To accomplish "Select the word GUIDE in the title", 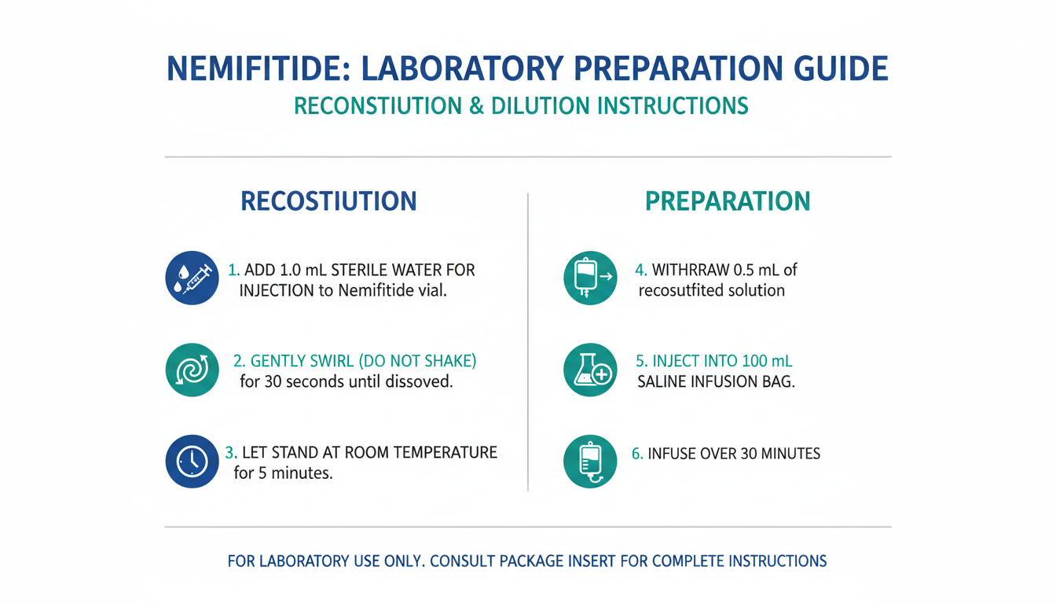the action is (x=841, y=68).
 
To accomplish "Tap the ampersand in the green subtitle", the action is (x=477, y=105).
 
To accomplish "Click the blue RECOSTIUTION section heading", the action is (x=328, y=201).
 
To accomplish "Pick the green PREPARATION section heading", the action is (x=728, y=201).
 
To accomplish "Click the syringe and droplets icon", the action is (x=192, y=278).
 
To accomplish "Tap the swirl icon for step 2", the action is (x=192, y=370).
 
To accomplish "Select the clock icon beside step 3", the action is (x=192, y=461).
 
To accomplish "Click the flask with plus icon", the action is (x=590, y=370).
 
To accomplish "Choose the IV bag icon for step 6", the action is (x=590, y=461).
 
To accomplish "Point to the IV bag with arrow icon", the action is (x=590, y=278).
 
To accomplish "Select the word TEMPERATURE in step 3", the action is (x=445, y=452).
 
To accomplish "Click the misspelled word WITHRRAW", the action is (x=691, y=270).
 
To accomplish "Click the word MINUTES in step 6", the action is (x=790, y=454).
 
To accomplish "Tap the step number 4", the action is (x=640, y=270).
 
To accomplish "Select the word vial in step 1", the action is (x=432, y=290).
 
